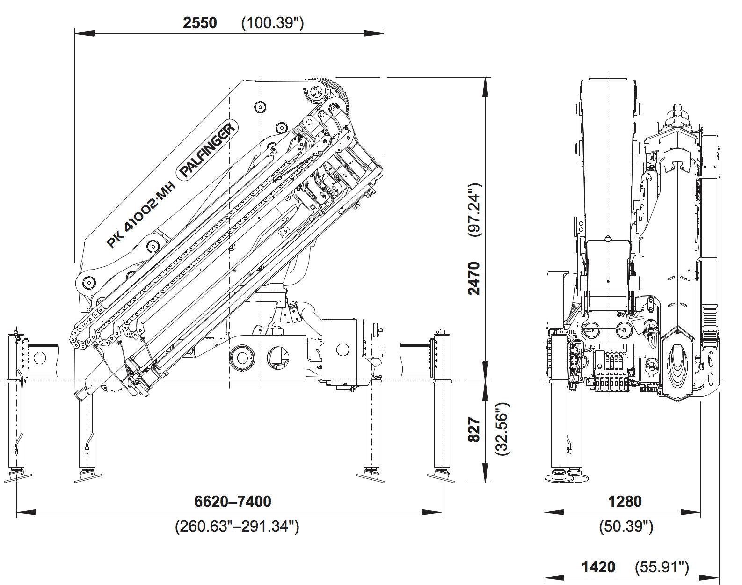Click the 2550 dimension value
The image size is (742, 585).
[200, 22]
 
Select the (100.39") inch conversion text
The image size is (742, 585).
[272, 22]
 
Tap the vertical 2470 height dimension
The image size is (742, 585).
[474, 278]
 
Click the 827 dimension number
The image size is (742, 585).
[474, 430]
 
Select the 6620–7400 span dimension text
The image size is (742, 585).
[233, 501]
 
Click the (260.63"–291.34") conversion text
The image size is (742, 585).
[237, 526]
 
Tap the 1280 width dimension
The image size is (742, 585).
[625, 501]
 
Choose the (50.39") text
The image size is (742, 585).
[626, 526]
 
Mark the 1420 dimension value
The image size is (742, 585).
[598, 567]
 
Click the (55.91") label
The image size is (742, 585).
[662, 567]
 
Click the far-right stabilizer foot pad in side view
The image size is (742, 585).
[441, 476]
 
